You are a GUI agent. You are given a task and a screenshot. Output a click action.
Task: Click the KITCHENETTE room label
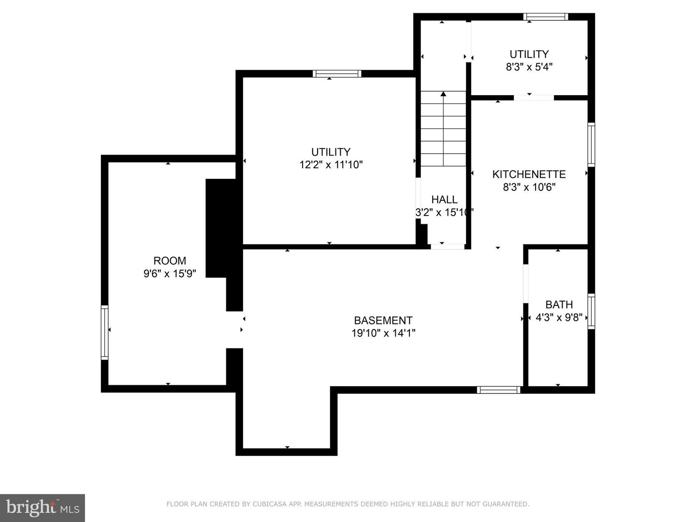pos(529,174)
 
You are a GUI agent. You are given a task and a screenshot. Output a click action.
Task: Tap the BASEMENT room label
pos(383,320)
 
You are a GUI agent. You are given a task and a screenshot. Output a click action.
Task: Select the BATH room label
pos(559,304)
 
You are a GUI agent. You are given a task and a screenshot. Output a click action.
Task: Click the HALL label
pos(444,200)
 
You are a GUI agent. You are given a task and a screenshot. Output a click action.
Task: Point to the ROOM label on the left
pos(170,261)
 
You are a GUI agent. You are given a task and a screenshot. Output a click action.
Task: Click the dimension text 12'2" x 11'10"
pos(331,165)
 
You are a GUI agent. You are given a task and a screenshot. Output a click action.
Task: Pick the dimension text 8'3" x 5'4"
pos(529,67)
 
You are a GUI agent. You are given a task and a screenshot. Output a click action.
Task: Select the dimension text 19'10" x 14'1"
pos(383,333)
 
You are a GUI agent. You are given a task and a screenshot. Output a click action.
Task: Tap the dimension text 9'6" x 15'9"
pos(170,274)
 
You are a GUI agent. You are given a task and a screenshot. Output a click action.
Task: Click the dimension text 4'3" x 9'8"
pos(559,318)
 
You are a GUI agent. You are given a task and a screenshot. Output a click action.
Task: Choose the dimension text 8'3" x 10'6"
pos(529,187)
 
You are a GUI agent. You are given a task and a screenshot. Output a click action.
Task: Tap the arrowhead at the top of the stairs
pos(443,94)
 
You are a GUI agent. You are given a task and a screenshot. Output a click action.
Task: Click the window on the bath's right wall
pos(591,311)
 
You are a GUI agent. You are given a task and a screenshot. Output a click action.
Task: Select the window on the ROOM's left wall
pos(104,332)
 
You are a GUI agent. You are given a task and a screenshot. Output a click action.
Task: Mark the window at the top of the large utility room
pos(337,74)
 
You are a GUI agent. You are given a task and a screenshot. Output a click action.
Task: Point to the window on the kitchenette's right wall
pos(591,145)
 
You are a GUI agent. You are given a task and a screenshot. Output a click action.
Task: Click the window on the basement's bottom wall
pos(498,390)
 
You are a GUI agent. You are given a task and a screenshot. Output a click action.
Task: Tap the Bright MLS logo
pos(43,507)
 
